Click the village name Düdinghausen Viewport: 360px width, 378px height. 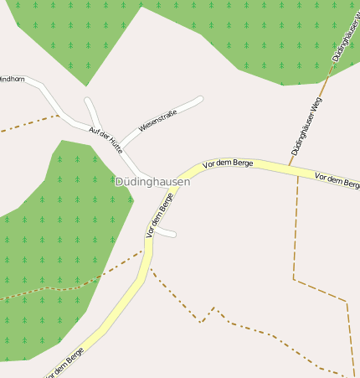pos(152,181)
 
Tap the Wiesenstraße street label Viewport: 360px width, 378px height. pos(159,120)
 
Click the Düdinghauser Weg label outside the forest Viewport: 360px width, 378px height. pos(307,127)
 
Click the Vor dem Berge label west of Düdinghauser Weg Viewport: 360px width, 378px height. pos(229,163)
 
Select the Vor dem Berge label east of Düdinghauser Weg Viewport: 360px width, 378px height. pos(337,179)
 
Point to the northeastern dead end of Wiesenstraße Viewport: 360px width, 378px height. pos(201,98)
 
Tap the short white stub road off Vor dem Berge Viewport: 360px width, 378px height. pos(167,232)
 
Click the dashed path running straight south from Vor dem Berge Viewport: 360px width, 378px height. pos(296,226)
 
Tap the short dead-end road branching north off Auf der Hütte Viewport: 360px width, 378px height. pos(90,109)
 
